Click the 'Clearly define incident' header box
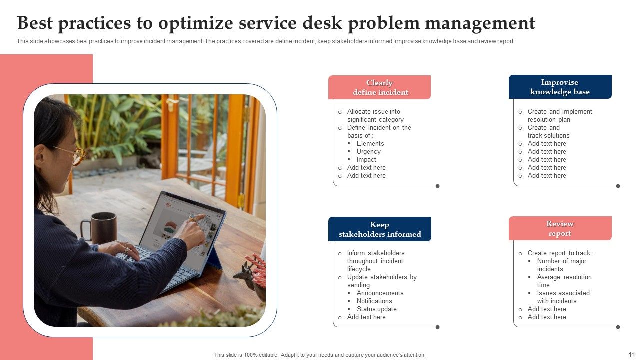click(x=379, y=87)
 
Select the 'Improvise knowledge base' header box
click(x=560, y=87)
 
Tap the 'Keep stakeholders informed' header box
click(x=380, y=229)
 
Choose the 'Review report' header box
click(x=560, y=228)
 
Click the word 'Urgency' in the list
click(x=369, y=152)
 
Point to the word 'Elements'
click(x=370, y=144)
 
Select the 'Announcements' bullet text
click(x=380, y=293)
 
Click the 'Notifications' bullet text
click(x=374, y=301)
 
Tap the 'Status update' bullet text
click(x=376, y=309)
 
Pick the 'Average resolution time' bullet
click(x=564, y=281)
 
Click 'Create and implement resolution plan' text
click(x=559, y=116)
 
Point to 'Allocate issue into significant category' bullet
click(x=375, y=116)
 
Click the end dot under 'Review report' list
click(x=618, y=327)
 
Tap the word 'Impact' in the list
click(x=366, y=160)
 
